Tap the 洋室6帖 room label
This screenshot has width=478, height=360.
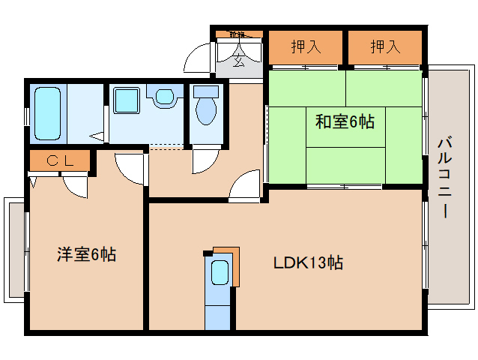point(86,254)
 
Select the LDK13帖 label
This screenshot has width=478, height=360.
point(308,263)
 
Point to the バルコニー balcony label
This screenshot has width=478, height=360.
point(444,177)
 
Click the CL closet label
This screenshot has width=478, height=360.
point(59,160)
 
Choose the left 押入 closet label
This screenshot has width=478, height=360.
point(306,47)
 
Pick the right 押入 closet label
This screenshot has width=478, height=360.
point(384,47)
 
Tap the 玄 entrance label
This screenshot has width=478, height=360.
point(238,61)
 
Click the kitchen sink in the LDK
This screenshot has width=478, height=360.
point(220,274)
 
